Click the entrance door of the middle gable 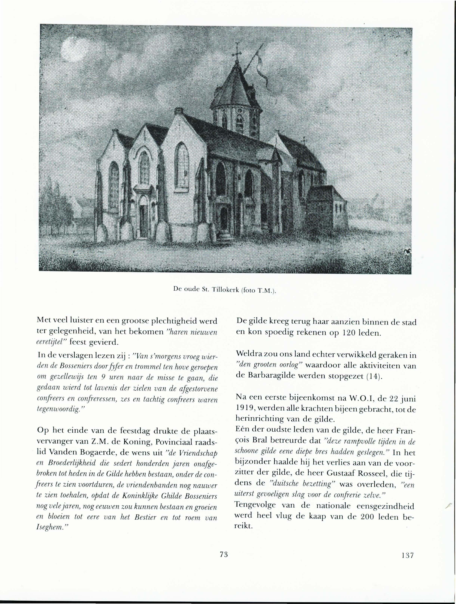143,219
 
